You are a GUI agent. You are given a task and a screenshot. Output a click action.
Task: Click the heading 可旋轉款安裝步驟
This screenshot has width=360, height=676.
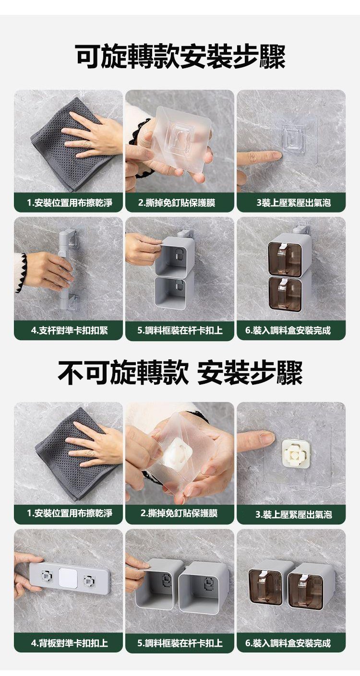180,57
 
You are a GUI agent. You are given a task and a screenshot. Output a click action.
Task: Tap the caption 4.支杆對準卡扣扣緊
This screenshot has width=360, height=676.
69,331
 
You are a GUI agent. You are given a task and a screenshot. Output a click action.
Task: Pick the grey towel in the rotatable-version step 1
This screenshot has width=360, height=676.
71,145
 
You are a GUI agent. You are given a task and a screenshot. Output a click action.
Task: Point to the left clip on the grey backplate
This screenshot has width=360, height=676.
47,576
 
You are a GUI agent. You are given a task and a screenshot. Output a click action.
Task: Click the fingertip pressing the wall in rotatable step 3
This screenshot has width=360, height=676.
276,155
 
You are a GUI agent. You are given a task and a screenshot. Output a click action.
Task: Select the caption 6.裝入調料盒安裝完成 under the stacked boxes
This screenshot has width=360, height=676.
288,331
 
